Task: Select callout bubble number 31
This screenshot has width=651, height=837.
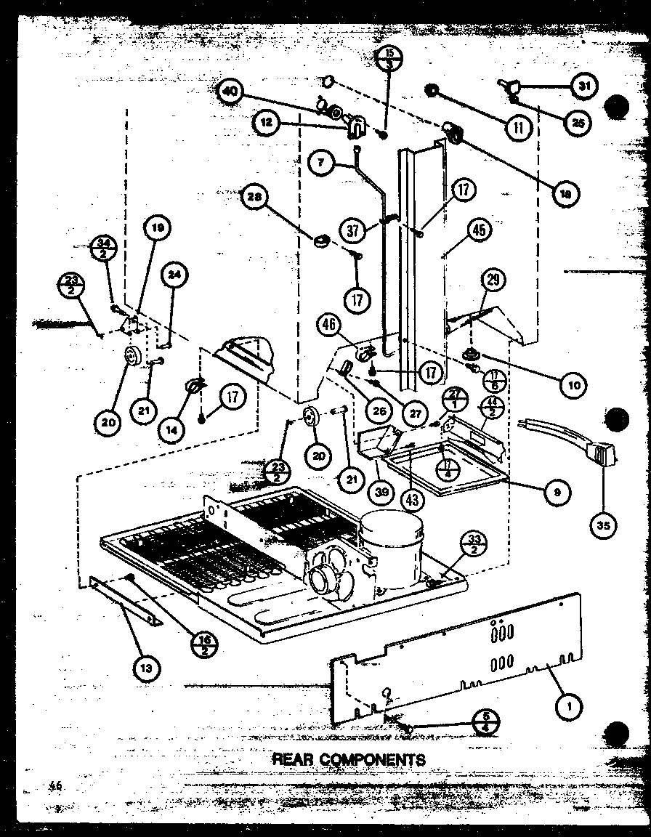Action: (583, 86)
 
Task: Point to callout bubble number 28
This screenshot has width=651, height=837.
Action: (257, 198)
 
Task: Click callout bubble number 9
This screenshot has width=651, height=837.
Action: (557, 491)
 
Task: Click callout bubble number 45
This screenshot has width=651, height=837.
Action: (478, 232)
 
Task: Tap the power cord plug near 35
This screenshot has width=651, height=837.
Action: (600, 456)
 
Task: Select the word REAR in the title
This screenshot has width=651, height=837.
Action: (290, 759)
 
